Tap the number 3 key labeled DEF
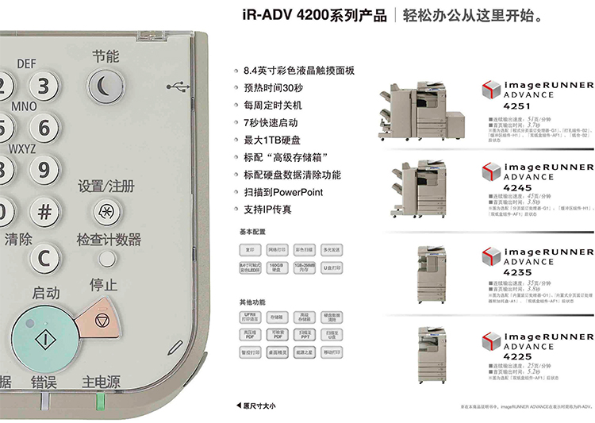[44, 86]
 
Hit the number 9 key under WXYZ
[44, 169]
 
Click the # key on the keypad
[44, 212]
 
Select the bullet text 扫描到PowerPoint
[283, 192]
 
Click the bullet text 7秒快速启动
[271, 122]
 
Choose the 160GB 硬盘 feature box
[276, 267]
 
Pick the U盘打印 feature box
[332, 267]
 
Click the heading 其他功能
[252, 302]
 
